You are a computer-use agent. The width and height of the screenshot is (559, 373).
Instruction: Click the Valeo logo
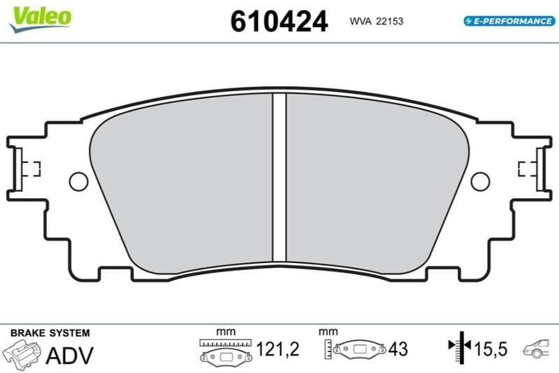point(41,20)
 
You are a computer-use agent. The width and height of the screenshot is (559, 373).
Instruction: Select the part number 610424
point(279,22)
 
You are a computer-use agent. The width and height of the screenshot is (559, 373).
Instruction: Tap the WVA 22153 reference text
point(377,22)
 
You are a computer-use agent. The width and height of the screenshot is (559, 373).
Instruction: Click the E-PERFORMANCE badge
point(509,21)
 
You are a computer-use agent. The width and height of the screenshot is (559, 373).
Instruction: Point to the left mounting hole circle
point(78,181)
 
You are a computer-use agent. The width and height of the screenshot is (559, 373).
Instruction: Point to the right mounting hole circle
point(480,181)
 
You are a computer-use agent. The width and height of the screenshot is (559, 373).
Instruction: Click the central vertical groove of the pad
point(279,177)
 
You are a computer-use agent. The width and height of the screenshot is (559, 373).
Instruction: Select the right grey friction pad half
point(377,183)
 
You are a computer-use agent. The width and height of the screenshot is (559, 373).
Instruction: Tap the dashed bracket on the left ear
point(34,169)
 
